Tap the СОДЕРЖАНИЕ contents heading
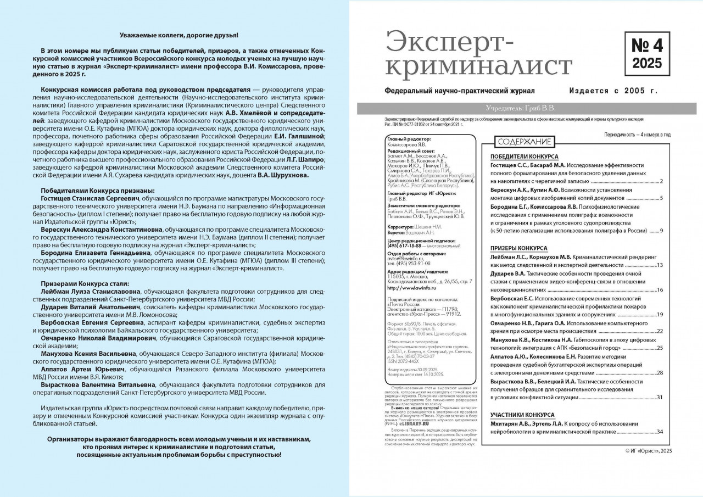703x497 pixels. pyautogui.click(x=524, y=142)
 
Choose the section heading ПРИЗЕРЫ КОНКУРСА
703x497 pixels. pyautogui.click(x=518, y=249)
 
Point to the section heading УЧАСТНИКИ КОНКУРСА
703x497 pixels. pyautogui.click(x=522, y=415)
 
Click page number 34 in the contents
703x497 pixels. pyautogui.click(x=660, y=432)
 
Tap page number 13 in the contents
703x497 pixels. pyautogui.click(x=660, y=265)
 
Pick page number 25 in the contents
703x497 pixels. pyautogui.click(x=660, y=348)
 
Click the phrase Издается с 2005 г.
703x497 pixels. pyautogui.click(x=613, y=91)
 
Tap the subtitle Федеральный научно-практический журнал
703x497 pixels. pyautogui.click(x=461, y=91)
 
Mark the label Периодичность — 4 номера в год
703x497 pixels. pyautogui.click(x=637, y=135)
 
